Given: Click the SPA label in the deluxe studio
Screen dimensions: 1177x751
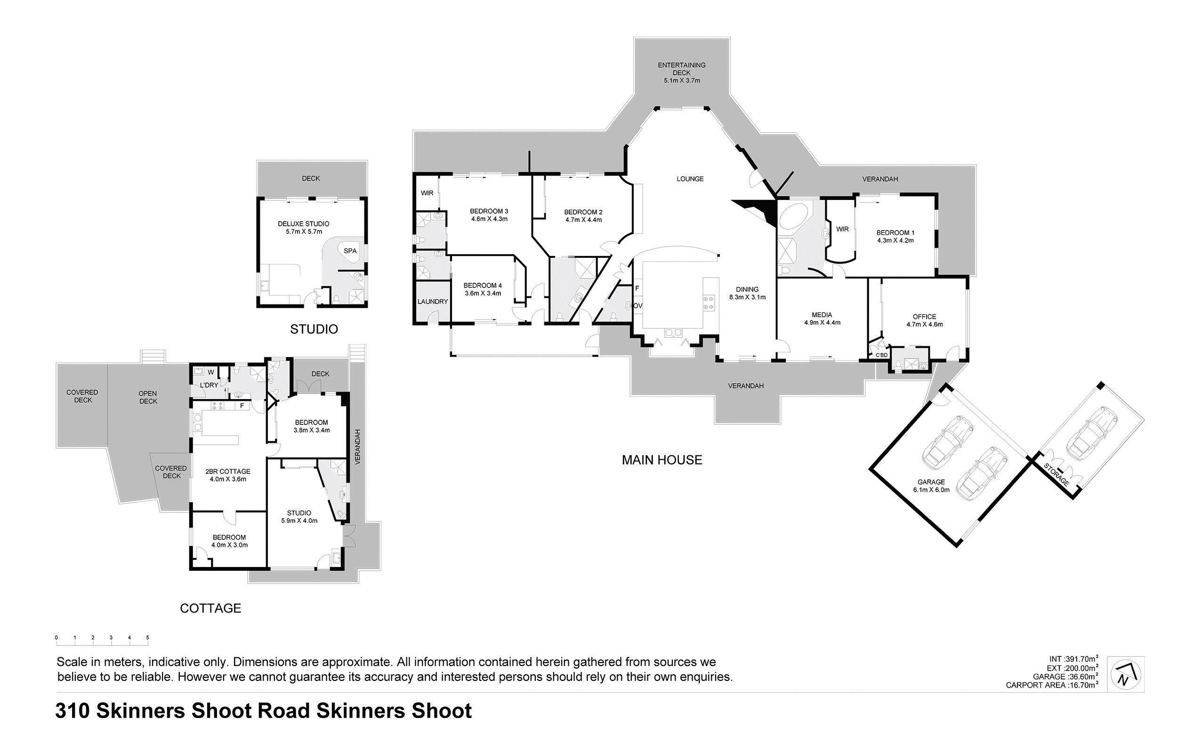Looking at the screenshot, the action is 350,251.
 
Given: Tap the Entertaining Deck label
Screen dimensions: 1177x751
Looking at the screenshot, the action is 681,69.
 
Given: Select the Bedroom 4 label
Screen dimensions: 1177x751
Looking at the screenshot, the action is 483,285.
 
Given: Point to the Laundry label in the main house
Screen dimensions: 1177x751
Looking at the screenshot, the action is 433,302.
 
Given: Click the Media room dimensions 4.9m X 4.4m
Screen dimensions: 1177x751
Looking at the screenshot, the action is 822,322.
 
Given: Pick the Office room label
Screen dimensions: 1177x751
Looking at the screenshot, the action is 924,317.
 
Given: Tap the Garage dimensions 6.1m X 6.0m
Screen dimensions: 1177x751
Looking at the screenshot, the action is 931,489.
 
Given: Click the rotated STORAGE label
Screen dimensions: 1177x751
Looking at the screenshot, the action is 1057,474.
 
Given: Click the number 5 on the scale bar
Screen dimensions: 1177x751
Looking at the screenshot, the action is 147,638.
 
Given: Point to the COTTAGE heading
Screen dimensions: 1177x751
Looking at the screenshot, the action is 210,608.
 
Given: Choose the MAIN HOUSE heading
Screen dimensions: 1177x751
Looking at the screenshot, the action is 662,460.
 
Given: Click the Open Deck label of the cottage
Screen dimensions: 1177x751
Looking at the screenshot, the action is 148,397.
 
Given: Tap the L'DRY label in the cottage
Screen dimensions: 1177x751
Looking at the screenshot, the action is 209,385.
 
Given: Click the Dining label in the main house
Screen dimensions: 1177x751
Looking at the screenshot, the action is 747,289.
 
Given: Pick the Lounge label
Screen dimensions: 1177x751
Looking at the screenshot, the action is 690,179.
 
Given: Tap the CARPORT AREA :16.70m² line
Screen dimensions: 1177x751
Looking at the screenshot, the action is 1052,685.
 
